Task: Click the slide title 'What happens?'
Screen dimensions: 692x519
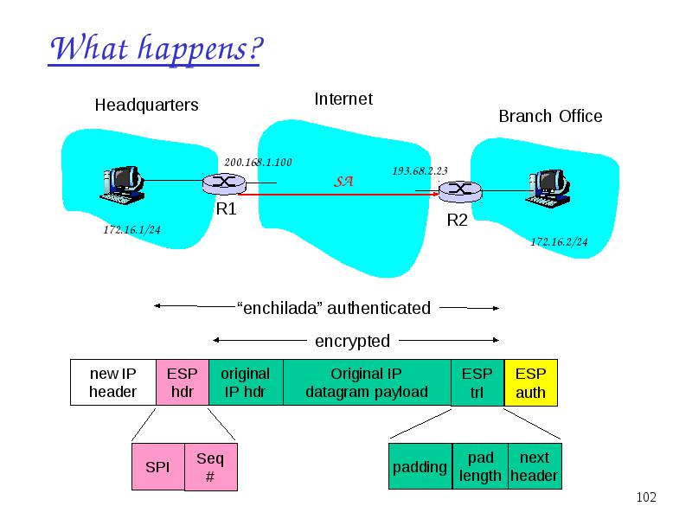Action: pyautogui.click(x=157, y=49)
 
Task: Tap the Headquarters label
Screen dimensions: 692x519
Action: pyautogui.click(x=146, y=105)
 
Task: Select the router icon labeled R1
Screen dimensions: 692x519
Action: pyautogui.click(x=224, y=183)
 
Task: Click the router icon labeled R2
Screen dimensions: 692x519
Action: pyautogui.click(x=460, y=191)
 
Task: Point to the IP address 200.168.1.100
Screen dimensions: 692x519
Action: pyautogui.click(x=258, y=163)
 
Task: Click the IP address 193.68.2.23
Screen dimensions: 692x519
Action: pyautogui.click(x=420, y=170)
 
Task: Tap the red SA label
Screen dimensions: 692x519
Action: pyautogui.click(x=343, y=182)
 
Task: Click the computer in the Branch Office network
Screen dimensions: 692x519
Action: pyautogui.click(x=548, y=189)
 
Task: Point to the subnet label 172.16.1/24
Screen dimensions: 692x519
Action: pyautogui.click(x=132, y=230)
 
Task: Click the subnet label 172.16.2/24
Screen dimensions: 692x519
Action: pyautogui.click(x=559, y=242)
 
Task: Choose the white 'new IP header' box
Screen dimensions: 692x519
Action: pyautogui.click(x=113, y=382)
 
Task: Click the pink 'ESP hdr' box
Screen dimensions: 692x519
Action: pyautogui.click(x=183, y=382)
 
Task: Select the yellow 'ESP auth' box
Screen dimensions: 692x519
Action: pyautogui.click(x=531, y=382)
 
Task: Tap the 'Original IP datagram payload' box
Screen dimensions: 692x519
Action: pyautogui.click(x=367, y=382)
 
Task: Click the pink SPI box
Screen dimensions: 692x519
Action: pyautogui.click(x=158, y=467)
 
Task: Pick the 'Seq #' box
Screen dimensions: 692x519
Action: pyautogui.click(x=211, y=467)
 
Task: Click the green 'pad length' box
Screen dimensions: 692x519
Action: pyautogui.click(x=480, y=466)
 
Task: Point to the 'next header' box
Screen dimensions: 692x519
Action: pyautogui.click(x=535, y=466)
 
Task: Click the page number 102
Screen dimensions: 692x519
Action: pyautogui.click(x=646, y=497)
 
